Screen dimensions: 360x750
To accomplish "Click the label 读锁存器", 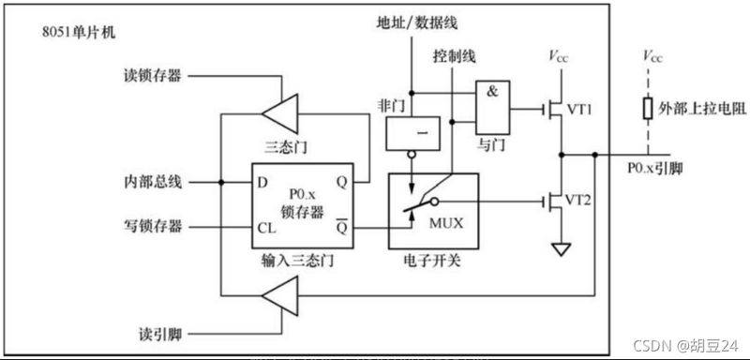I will click(x=155, y=75).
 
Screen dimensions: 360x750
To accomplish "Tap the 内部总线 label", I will click(x=155, y=179).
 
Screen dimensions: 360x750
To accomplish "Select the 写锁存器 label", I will click(x=155, y=226).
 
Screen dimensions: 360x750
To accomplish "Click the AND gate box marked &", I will click(x=493, y=109).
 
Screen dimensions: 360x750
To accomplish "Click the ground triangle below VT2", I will click(x=561, y=249).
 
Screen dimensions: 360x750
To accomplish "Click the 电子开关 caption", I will click(x=432, y=255).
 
